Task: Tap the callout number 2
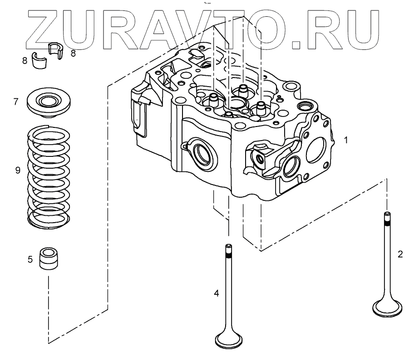pyautogui.click(x=400, y=254)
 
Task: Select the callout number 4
pyautogui.click(x=217, y=294)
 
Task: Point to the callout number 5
pyautogui.click(x=30, y=259)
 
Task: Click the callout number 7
pyautogui.click(x=16, y=102)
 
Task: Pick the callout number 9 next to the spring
pyautogui.click(x=18, y=170)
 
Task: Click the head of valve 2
pyautogui.click(x=387, y=308)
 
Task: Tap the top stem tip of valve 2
pyautogui.click(x=387, y=214)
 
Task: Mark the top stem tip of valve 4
pyautogui.click(x=228, y=248)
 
